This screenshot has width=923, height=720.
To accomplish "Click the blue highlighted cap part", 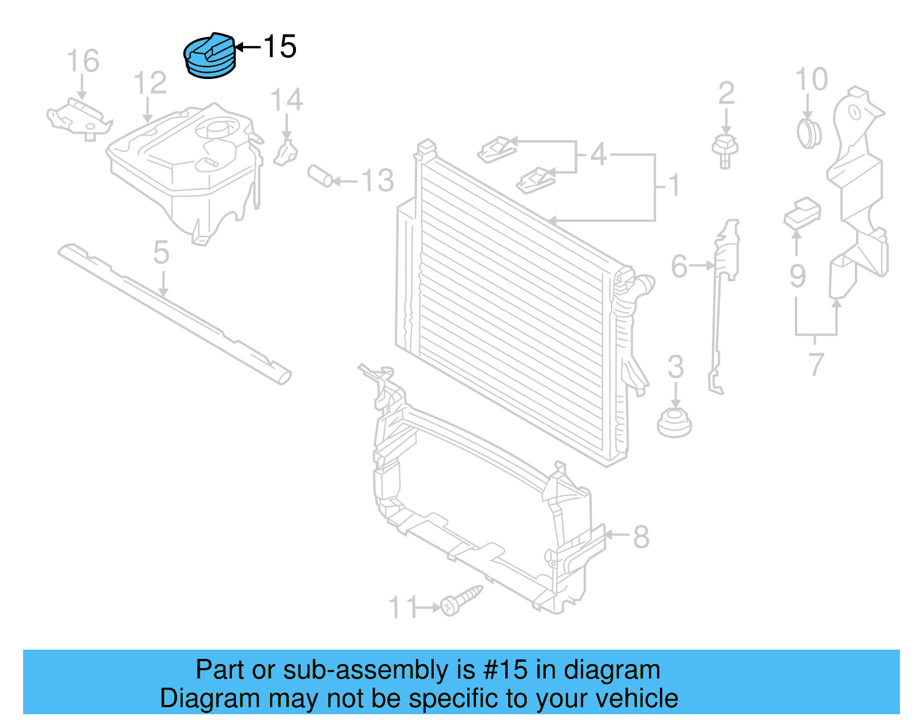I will pyautogui.click(x=209, y=56).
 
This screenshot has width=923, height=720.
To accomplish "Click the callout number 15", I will pyautogui.click(x=280, y=47).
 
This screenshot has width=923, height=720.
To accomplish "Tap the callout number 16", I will pyautogui.click(x=83, y=61).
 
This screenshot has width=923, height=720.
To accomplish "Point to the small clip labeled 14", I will pyautogui.click(x=286, y=152).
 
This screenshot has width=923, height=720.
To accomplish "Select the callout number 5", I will pyautogui.click(x=162, y=252).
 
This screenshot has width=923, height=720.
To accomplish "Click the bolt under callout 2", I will pyautogui.click(x=725, y=151).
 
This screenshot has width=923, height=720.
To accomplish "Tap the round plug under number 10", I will pyautogui.click(x=809, y=133).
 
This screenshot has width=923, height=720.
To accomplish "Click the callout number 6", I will pyautogui.click(x=680, y=266).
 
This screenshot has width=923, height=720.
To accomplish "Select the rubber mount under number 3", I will pyautogui.click(x=674, y=423).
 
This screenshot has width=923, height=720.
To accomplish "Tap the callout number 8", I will pyautogui.click(x=641, y=537).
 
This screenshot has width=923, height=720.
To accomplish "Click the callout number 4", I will pyautogui.click(x=598, y=154).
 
